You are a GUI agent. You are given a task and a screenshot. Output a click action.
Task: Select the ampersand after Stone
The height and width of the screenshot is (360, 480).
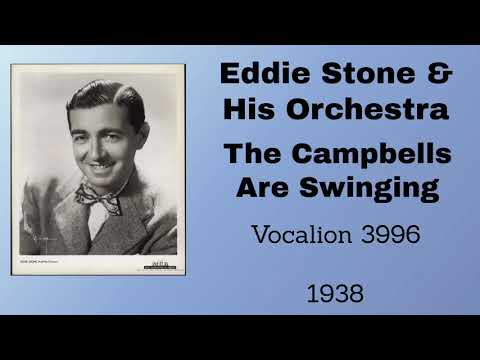[x=440, y=75]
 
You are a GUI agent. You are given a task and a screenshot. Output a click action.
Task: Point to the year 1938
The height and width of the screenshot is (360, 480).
[x=334, y=294]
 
